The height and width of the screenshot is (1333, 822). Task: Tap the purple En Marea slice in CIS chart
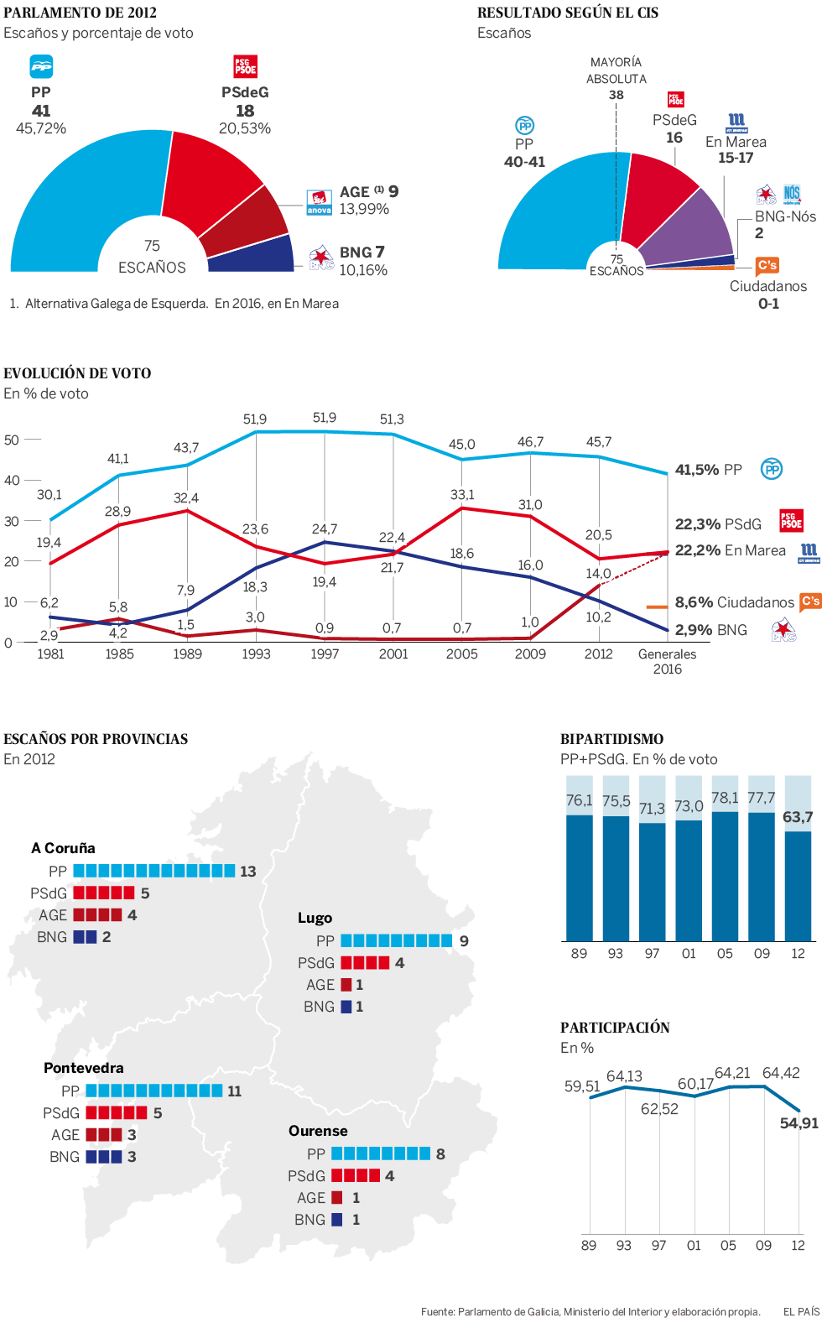click(x=688, y=227)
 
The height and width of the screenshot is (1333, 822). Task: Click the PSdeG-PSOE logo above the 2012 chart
click(x=245, y=66)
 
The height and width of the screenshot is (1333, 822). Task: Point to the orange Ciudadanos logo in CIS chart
click(x=767, y=266)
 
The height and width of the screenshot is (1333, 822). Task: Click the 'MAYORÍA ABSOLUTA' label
click(x=616, y=70)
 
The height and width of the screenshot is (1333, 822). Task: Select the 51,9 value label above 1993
click(x=255, y=419)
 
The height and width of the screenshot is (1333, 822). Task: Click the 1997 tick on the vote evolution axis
click(x=325, y=654)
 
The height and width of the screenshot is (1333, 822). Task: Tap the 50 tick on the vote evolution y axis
click(x=12, y=440)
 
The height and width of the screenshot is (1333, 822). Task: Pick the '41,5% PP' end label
click(x=708, y=470)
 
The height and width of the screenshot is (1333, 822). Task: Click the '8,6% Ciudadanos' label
click(x=734, y=602)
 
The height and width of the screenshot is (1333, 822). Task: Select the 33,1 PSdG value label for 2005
click(x=462, y=495)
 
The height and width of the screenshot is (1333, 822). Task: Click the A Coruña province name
click(x=63, y=848)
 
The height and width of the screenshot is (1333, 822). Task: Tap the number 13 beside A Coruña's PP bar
click(x=247, y=872)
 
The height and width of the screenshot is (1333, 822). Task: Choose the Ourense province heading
click(x=318, y=1131)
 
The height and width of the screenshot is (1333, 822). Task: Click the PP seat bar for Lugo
click(x=396, y=941)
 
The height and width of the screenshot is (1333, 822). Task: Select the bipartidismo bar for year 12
click(x=798, y=885)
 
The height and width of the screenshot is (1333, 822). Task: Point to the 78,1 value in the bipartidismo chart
click(x=725, y=798)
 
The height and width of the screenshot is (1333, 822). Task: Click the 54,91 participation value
click(x=799, y=1123)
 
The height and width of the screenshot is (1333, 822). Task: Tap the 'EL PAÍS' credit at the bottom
click(x=801, y=1312)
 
